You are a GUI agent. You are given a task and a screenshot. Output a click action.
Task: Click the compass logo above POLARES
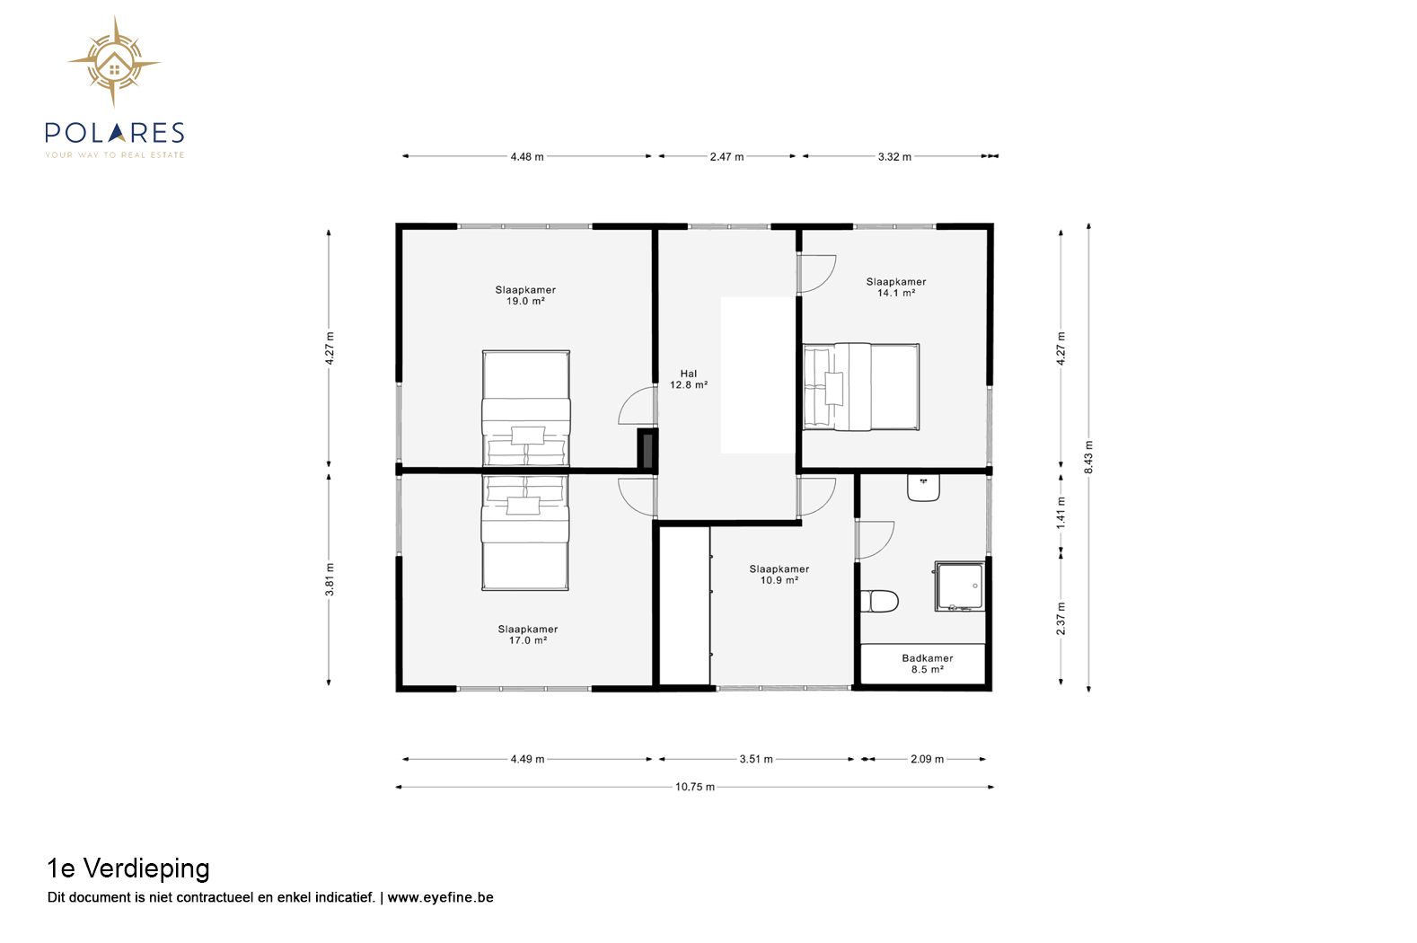tap(114, 62)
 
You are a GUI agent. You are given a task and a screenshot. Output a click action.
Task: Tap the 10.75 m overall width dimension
tap(695, 787)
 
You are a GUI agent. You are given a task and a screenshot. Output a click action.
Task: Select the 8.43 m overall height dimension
tap(1088, 457)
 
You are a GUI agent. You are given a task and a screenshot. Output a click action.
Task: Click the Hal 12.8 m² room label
tap(688, 379)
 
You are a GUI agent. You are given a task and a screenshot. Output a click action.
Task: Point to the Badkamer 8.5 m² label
tap(928, 664)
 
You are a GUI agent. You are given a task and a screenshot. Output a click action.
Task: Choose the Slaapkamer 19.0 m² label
tap(525, 295)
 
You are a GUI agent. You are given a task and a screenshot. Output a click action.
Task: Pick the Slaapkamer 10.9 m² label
tap(779, 575)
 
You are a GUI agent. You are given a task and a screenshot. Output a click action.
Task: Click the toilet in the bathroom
tap(879, 601)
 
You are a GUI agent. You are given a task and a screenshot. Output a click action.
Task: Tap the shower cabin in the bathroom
tap(960, 586)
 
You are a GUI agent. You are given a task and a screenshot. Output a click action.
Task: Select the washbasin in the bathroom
tap(924, 488)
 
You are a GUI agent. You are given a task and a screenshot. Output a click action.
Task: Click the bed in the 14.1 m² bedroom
tap(861, 387)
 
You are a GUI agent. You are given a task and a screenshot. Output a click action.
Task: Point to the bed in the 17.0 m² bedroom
tap(524, 533)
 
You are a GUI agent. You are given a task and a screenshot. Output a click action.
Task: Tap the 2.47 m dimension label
tap(726, 156)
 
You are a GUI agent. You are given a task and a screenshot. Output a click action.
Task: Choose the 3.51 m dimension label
tap(756, 759)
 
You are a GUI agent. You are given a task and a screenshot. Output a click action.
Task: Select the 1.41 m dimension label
tap(1061, 513)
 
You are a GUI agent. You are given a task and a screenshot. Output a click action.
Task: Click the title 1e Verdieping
tap(128, 868)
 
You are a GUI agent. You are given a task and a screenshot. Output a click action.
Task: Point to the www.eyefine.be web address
tap(440, 897)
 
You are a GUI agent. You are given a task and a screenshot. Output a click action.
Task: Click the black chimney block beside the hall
tap(647, 449)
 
